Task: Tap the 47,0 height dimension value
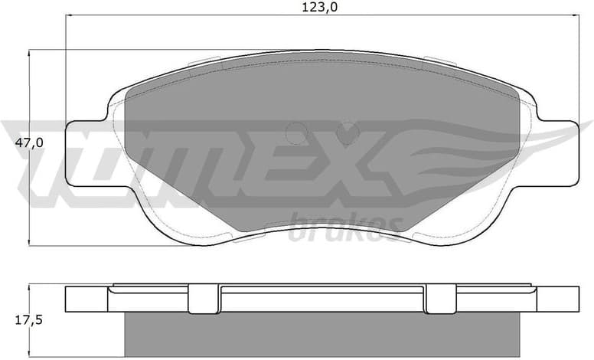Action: pyautogui.click(x=31, y=143)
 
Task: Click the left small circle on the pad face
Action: pyautogui.click(x=295, y=135)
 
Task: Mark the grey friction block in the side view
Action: pyautogui.click(x=321, y=335)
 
